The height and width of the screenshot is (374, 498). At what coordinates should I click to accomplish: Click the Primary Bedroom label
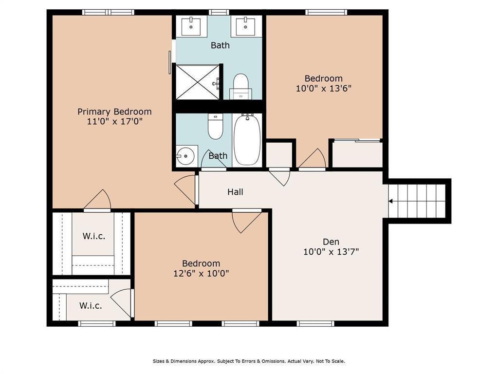114,112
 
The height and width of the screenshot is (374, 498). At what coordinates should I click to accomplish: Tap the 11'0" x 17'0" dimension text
114,121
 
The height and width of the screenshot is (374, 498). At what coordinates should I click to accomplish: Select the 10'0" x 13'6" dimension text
323,88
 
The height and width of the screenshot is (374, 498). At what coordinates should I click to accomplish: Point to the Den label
331,242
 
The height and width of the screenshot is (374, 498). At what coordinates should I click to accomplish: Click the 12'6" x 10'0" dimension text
201,273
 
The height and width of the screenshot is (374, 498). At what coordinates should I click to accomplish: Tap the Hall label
235,192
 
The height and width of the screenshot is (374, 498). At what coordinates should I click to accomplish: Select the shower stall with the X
198,82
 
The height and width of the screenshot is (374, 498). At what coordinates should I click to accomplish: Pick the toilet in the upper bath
241,86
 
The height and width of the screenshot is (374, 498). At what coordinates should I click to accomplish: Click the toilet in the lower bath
215,126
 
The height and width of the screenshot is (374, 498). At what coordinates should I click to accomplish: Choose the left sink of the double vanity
191,26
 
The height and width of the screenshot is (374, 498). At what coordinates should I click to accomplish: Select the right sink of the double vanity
245,26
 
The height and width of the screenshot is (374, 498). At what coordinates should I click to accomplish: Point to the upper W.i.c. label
93,236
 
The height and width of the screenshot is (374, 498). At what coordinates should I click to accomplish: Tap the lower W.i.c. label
91,306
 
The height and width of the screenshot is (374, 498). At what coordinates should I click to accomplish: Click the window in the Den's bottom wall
315,323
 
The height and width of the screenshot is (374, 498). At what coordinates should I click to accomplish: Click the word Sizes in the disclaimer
159,361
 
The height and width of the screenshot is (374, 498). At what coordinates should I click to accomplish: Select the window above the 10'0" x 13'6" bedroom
326,12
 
